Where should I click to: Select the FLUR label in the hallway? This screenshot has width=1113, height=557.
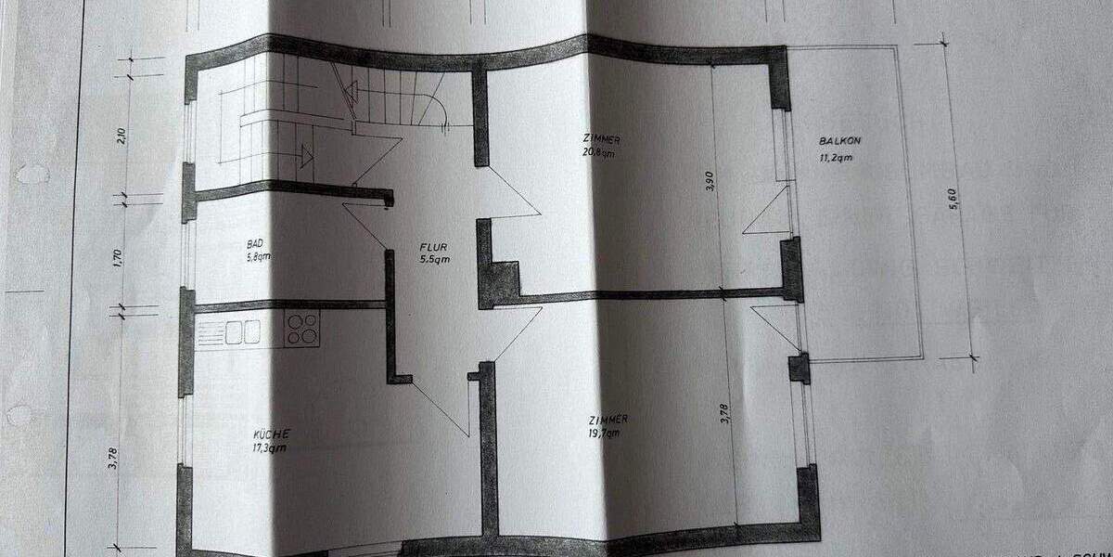tap(433, 248)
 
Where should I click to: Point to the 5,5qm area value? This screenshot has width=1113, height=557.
tap(435, 261)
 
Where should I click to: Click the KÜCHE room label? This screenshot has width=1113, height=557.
tap(271, 434)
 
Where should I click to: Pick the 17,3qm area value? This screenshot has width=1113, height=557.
tap(271, 448)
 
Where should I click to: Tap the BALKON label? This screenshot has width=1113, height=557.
tap(839, 141)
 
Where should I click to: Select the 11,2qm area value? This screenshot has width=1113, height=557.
tap(837, 157)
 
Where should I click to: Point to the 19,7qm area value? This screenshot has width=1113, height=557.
tap(603, 432)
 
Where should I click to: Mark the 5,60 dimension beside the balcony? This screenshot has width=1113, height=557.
tap(952, 199)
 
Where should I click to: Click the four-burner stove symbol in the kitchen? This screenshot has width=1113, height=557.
tap(302, 329)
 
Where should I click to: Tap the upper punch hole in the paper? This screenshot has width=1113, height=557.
tap(32, 174)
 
